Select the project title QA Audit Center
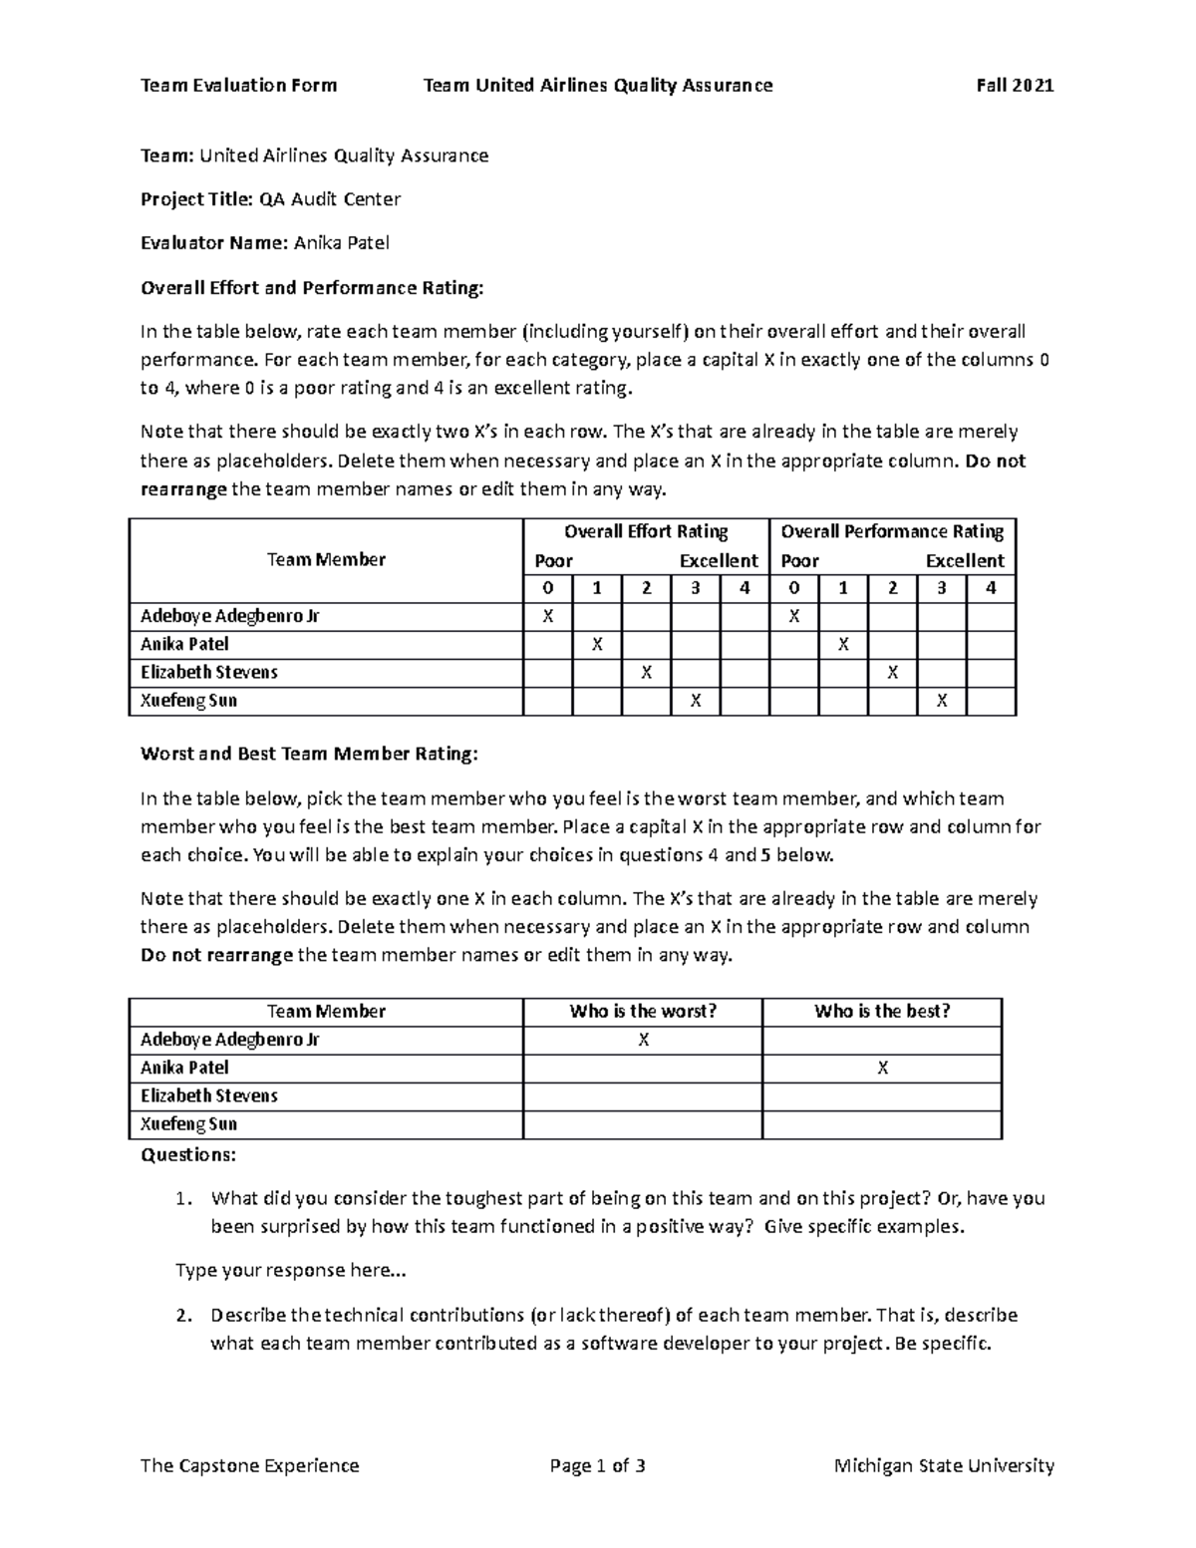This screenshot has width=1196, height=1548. click(330, 199)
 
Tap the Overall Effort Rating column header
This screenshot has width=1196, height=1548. click(646, 532)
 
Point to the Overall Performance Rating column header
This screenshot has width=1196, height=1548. click(892, 532)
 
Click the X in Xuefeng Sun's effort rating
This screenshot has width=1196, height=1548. click(696, 702)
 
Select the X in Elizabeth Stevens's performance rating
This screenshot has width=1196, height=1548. click(892, 674)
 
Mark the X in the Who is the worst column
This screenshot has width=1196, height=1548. click(643, 1041)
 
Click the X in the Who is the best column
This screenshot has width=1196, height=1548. click(882, 1069)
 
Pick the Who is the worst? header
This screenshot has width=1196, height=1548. click(643, 1012)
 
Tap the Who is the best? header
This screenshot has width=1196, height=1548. click(882, 1012)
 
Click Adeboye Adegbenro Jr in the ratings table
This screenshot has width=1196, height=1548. click(230, 617)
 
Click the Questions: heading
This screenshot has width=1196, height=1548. click(188, 1155)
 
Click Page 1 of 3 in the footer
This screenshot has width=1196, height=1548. click(597, 1465)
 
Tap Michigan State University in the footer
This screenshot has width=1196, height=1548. click(944, 1465)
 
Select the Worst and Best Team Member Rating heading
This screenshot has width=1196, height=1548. click(309, 755)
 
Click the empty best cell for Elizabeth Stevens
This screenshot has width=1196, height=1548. click(882, 1096)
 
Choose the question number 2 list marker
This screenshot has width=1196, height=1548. click(182, 1316)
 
